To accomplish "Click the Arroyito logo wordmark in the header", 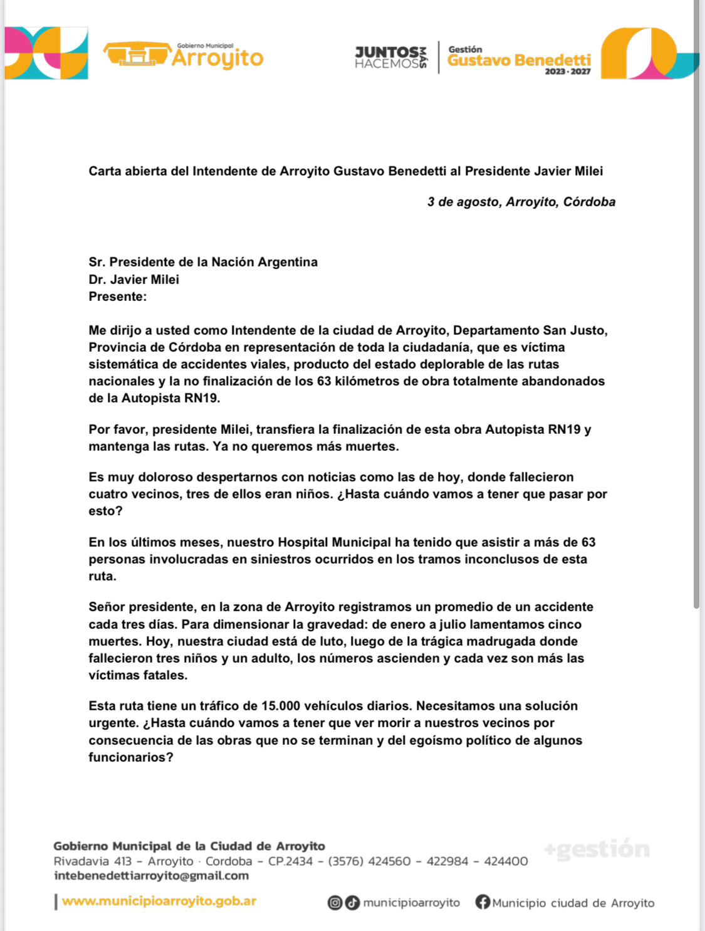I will (217, 58).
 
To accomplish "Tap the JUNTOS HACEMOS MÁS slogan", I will (390, 58).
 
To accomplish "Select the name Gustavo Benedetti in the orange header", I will (519, 60).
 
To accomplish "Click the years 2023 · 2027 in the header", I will (567, 72).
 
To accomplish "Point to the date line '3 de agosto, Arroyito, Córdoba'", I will (521, 202).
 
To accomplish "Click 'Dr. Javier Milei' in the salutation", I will (133, 280).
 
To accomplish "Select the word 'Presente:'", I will (117, 297).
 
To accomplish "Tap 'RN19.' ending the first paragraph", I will (202, 398).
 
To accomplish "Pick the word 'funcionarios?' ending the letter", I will (131, 757).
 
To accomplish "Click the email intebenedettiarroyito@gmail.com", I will (151, 876).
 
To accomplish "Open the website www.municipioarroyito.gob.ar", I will (159, 901).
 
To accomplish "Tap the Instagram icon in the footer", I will (335, 903).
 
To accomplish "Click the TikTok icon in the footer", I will (352, 903).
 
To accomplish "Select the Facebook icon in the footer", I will (483, 902).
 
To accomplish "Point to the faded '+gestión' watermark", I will (597, 849).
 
